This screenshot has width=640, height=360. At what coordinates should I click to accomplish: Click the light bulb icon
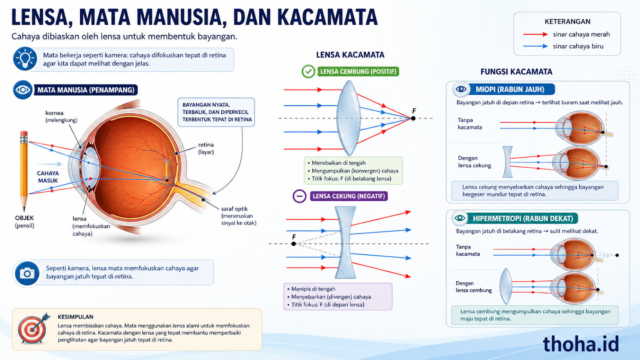click(x=25, y=59)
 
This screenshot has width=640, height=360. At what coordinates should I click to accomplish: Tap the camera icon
click(x=27, y=274)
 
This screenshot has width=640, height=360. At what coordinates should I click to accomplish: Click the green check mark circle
click(x=308, y=72)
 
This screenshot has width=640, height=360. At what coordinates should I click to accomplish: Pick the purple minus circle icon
click(x=300, y=196)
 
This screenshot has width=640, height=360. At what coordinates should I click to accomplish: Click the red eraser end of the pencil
click(x=24, y=134)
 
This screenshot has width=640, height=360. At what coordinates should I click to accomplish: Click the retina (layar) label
click(x=206, y=148)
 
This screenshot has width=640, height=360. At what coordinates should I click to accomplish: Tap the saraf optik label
click(x=238, y=216)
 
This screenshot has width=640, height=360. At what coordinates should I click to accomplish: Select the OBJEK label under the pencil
click(x=24, y=218)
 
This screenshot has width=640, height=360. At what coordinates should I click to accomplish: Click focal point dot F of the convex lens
click(x=413, y=118)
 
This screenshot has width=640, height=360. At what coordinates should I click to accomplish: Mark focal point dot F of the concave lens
click(x=294, y=244)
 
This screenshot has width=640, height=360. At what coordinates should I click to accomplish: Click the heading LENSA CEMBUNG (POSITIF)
click(x=358, y=72)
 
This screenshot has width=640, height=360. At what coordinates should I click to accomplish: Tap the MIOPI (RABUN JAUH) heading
click(x=510, y=90)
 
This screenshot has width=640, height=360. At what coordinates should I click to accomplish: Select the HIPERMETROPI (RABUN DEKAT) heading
click(x=523, y=218)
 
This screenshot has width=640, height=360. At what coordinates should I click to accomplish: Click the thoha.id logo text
click(x=581, y=344)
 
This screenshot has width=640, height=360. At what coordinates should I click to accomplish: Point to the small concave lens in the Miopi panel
click(x=508, y=162)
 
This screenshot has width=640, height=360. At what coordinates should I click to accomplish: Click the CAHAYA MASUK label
click(x=48, y=177)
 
